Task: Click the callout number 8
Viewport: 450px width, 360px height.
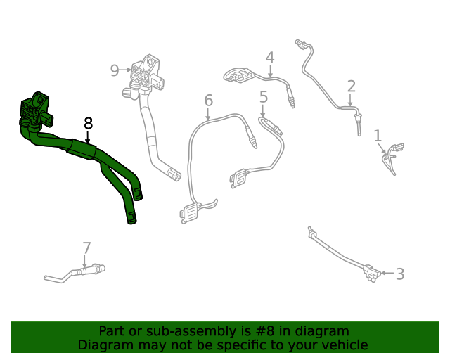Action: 88,124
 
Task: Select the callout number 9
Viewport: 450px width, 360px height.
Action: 115,70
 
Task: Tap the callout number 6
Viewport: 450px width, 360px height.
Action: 209,101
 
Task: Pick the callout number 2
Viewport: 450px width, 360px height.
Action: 351,86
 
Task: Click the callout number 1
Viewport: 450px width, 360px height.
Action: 378,136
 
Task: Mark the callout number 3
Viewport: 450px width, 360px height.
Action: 399,274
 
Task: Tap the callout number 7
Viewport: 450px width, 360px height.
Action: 86,248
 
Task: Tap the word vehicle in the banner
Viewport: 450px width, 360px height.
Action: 344,345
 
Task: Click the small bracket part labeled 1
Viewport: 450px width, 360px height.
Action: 391,156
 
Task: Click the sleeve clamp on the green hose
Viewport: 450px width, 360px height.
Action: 81,149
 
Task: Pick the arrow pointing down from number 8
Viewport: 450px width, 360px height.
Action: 88,138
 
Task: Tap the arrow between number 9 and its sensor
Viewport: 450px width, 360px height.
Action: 127,70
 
